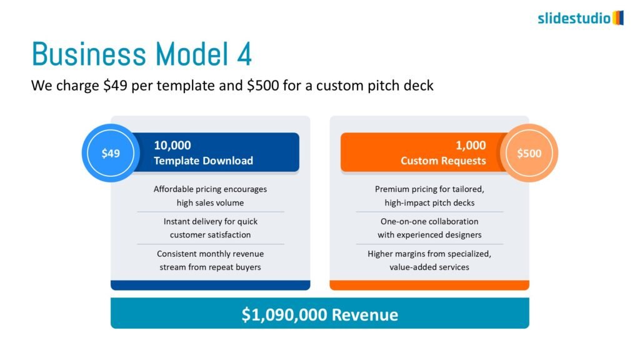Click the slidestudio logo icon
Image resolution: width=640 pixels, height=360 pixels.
pos(618,18)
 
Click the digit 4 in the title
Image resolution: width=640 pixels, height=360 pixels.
pos(244,54)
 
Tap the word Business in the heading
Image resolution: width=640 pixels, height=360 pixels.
pos(89,54)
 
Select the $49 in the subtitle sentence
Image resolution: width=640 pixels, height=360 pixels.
pos(115,85)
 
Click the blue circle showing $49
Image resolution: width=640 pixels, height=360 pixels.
pos(111,153)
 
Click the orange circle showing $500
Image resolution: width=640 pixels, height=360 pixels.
pos(529,153)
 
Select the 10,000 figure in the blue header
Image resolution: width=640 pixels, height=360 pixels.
pos(172,145)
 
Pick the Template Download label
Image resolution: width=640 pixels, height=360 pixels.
pos(203,161)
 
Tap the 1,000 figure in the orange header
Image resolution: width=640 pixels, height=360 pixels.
pos(471,145)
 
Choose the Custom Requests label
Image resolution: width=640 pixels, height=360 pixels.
pos(443,161)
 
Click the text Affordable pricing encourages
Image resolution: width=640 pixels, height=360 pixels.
pos(210,189)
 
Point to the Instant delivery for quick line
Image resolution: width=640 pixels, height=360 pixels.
pos(210,222)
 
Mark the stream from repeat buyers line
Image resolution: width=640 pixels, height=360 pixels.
pos(210,267)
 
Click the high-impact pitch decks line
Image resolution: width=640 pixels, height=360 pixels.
pos(429,203)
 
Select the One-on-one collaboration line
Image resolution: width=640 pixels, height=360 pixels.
pos(429,222)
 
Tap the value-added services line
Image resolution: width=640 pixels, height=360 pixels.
pos(429,267)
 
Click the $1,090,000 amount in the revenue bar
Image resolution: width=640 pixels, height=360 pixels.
pos(284,315)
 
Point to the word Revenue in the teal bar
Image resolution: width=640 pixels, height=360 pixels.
pos(365,315)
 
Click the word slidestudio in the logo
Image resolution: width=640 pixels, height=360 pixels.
pos(574,18)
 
